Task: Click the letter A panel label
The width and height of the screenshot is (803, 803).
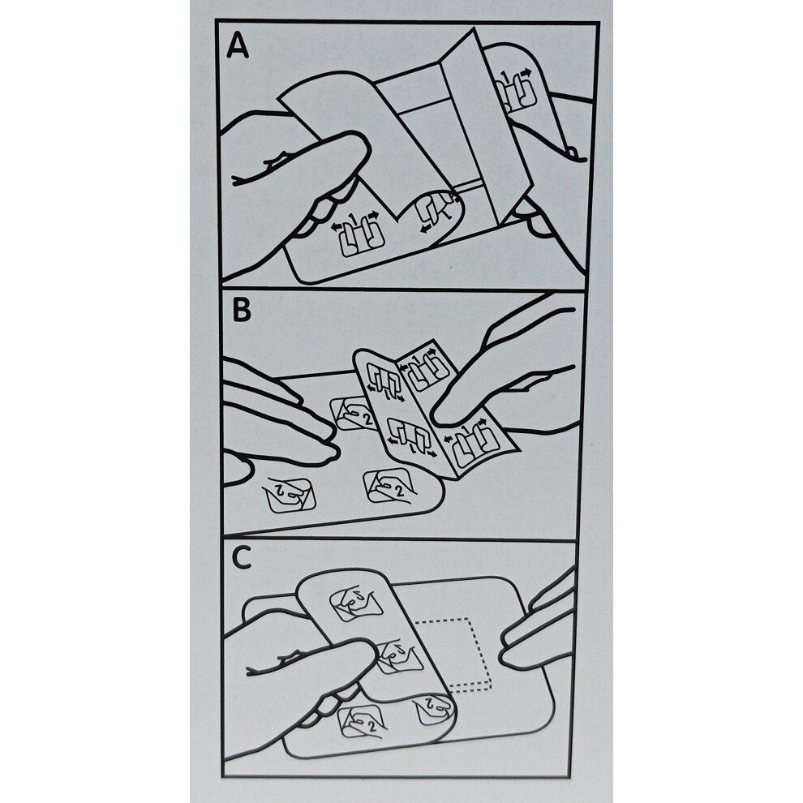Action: pos(238,45)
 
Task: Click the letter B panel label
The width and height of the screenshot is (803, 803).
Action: pos(241,309)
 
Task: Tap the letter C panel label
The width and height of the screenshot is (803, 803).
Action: pos(241,558)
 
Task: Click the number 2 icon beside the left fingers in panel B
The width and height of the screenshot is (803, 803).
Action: pos(353,413)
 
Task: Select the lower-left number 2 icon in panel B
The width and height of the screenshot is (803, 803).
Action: pos(288,494)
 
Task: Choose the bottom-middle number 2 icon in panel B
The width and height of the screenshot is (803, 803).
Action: pos(389,486)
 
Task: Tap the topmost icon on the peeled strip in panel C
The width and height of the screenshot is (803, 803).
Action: pos(356,603)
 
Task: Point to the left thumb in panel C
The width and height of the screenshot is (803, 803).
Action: pos(307,665)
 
